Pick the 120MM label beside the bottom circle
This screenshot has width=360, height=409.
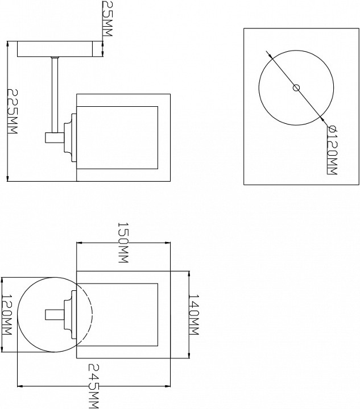(7, 315)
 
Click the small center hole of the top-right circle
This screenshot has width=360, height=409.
(296, 87)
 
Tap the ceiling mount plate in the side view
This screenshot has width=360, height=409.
(57, 49)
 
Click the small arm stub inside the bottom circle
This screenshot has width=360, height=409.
(55, 314)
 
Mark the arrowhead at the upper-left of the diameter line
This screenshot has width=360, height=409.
(269, 55)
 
